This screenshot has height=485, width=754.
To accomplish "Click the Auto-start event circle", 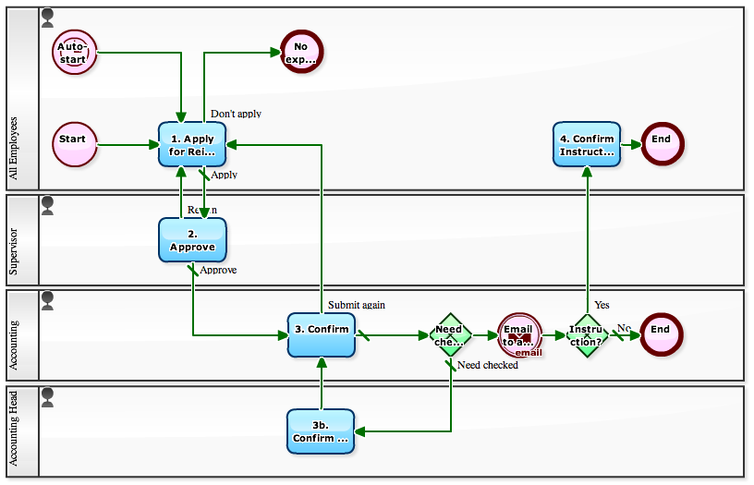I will click(x=74, y=51).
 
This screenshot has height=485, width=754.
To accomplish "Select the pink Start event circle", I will click(x=74, y=144).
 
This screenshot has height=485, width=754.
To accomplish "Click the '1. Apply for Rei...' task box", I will click(x=192, y=144).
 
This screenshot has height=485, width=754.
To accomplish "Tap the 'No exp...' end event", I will click(x=300, y=51).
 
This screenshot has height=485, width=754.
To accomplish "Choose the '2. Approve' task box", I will click(x=192, y=240).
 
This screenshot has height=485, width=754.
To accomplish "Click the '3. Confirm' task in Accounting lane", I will click(x=322, y=334).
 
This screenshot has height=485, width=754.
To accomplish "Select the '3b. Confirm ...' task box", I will click(x=321, y=431).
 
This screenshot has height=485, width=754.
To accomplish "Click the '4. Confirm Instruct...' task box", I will click(x=587, y=144).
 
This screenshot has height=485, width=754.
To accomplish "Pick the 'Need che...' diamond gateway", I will click(x=450, y=334).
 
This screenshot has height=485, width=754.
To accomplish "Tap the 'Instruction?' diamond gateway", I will click(x=587, y=334).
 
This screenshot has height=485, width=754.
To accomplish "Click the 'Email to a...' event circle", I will click(x=519, y=334).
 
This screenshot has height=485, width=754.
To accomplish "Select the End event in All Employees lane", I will click(x=662, y=144).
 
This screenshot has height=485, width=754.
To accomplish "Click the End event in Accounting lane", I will click(x=661, y=334).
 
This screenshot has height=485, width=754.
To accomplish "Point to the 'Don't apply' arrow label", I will click(x=236, y=114).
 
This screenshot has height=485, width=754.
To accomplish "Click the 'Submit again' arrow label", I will click(x=356, y=305).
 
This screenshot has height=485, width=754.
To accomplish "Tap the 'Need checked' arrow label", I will click(x=488, y=365).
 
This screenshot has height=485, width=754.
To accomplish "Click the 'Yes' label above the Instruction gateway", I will click(x=602, y=305).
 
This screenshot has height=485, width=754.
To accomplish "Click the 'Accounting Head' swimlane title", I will click(x=14, y=431).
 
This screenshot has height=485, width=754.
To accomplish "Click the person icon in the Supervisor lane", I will click(x=48, y=204).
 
